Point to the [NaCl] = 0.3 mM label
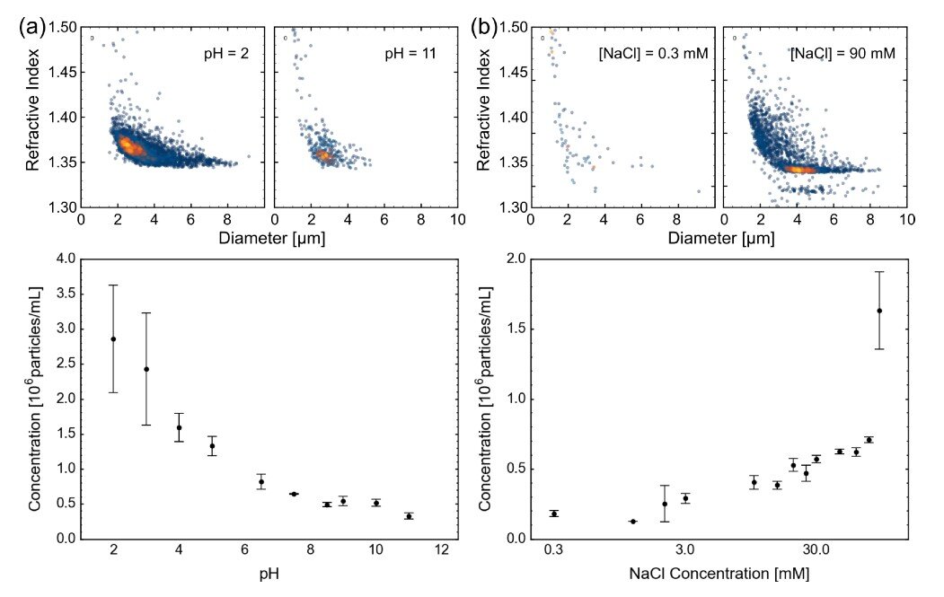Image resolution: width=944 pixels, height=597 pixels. coord(654,55)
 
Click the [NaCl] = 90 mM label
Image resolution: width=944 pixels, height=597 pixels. coord(844,55)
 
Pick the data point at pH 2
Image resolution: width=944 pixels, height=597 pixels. coord(113,338)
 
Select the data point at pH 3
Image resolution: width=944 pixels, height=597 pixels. coord(146,369)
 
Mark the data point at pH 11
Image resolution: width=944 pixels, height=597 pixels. coord(409,516)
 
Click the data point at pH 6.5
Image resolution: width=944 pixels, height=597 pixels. coord(261,482)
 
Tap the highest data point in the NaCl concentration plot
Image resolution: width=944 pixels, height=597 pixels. coord(879,311)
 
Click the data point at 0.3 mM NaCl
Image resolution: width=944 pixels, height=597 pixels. coord(554,514)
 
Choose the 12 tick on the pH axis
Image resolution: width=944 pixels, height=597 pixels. coord(441,549)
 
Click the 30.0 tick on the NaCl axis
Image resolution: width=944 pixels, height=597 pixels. coord(815,549)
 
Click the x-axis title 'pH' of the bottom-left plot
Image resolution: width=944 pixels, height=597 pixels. coord(269,573)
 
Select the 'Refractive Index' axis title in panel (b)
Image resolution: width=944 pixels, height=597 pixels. coord(486,117)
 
